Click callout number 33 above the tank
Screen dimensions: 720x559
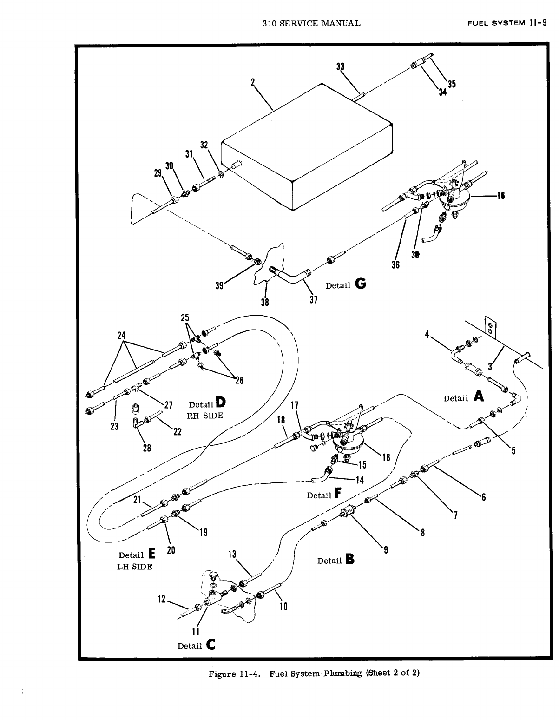[x=340, y=66]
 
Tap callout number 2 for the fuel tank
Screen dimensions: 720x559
[x=253, y=82]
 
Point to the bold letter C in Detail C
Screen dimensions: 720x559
[x=210, y=645]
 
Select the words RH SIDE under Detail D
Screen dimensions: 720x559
[x=205, y=415]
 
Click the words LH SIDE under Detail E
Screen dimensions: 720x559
[x=134, y=567]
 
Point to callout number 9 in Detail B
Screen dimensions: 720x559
[x=385, y=551]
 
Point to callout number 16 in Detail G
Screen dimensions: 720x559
[x=500, y=196]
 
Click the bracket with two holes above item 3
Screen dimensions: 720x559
[x=489, y=326]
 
